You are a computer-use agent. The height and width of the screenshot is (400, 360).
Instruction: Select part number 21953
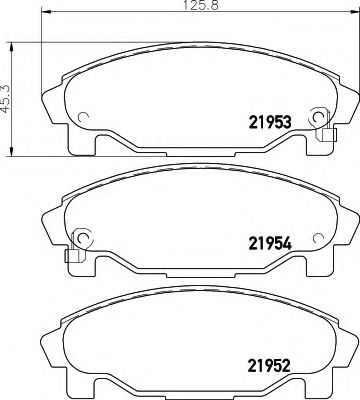coord(269,124)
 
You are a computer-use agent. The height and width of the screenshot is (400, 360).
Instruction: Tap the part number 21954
coord(269,242)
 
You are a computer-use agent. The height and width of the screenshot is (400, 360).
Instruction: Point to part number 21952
coord(269,365)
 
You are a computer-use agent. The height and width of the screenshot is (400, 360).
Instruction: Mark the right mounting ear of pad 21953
coord(350,100)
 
